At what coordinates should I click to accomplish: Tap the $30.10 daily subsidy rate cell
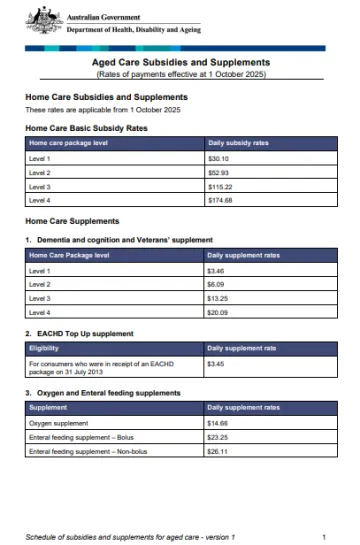pos(219,158)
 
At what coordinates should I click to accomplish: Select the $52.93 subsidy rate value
pos(219,172)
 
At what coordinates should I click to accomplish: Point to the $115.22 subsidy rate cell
pos(221,186)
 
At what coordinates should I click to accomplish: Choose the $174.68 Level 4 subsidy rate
pos(221,200)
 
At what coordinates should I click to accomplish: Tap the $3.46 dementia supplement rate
pos(217,271)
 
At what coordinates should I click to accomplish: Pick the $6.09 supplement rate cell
pos(217,285)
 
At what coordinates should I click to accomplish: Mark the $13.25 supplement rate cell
pos(219,299)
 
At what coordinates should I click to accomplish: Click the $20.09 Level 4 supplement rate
pos(219,313)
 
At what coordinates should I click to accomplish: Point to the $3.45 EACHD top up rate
pos(217,365)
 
